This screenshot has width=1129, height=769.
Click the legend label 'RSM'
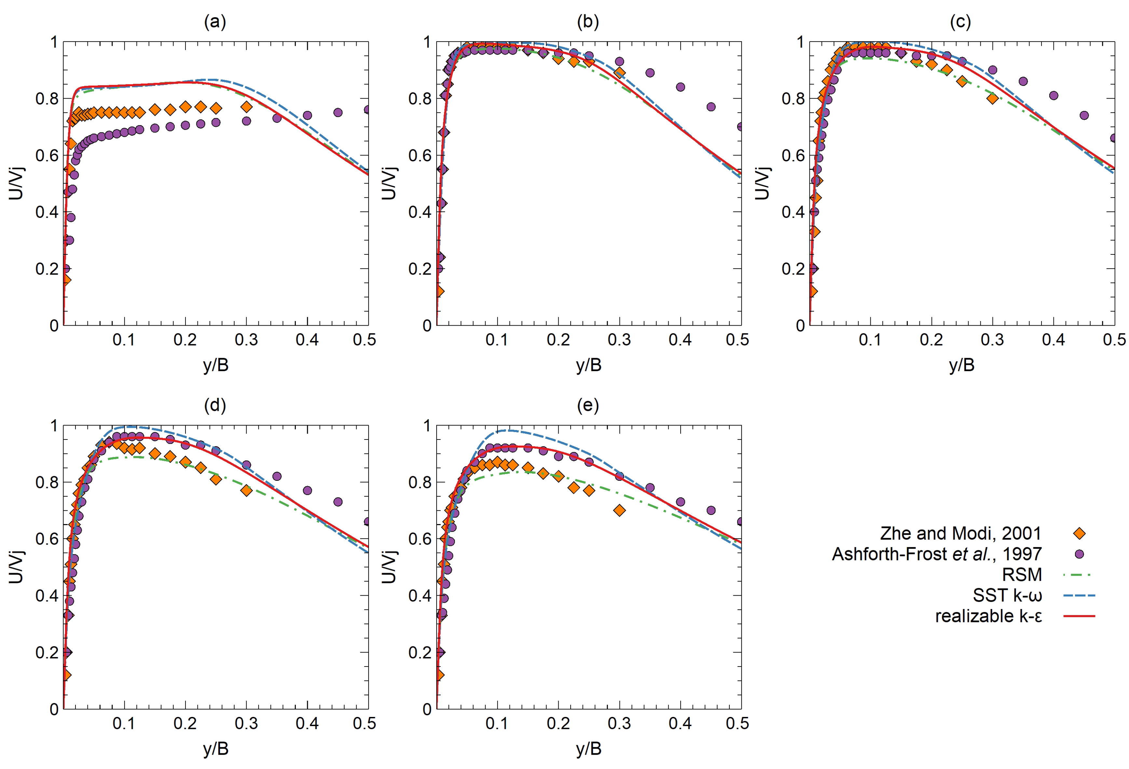pyautogui.click(x=1022, y=575)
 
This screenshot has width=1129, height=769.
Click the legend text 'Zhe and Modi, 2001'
pyautogui.click(x=960, y=533)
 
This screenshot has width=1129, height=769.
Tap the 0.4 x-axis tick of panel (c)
pyautogui.click(x=1053, y=340)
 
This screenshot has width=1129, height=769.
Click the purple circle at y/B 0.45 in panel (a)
pyautogui.click(x=338, y=113)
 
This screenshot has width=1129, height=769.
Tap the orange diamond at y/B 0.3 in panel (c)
pyautogui.click(x=992, y=99)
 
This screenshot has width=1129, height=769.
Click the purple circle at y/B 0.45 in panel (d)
pyautogui.click(x=338, y=502)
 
